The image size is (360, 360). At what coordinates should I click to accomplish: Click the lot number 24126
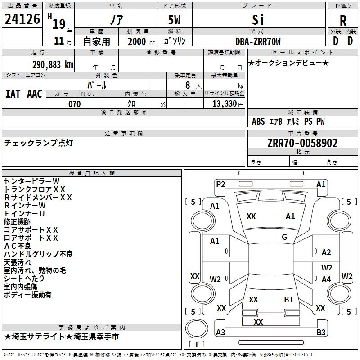(22, 19)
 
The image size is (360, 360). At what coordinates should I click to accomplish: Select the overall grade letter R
(343, 21)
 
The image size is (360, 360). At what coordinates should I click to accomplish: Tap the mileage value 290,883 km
(53, 65)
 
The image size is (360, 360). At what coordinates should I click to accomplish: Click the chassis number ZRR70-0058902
(302, 143)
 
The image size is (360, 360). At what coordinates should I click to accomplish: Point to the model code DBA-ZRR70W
(258, 41)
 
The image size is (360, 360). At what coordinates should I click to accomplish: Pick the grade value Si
(258, 20)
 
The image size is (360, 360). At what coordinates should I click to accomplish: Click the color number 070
(75, 104)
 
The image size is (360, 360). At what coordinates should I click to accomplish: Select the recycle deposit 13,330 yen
(228, 104)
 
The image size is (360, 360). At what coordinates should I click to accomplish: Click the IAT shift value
(13, 94)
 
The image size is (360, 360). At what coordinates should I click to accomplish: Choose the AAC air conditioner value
(35, 94)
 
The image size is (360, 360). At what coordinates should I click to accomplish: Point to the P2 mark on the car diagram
(220, 184)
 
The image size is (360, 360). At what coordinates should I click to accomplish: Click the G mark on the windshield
(284, 237)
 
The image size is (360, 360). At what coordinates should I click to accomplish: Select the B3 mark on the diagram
(321, 332)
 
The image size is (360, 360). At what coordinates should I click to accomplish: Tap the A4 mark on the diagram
(326, 279)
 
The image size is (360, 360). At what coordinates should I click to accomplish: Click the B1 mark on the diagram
(288, 300)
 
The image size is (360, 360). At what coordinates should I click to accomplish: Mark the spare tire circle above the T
(197, 328)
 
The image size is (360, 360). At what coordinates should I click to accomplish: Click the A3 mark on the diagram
(220, 332)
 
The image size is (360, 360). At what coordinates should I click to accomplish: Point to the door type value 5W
(174, 20)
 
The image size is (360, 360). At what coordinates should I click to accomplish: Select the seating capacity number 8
(188, 85)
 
